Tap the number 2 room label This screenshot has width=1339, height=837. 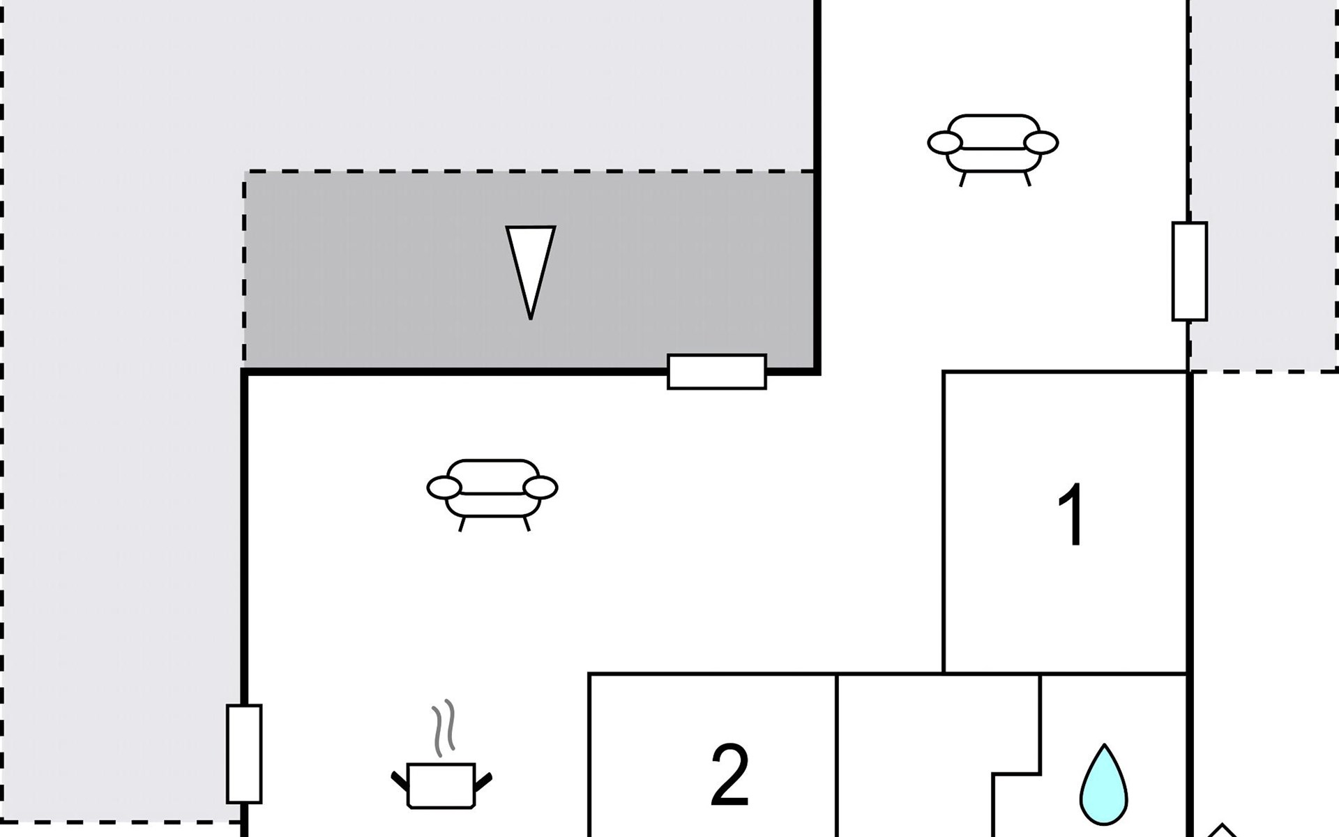click(729, 775)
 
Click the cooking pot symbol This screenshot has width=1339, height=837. click(441, 785)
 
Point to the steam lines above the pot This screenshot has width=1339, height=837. click(444, 728)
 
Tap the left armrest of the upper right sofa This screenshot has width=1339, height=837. click(944, 143)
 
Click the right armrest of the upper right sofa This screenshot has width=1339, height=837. click(1041, 143)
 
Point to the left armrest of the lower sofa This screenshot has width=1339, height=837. click(444, 488)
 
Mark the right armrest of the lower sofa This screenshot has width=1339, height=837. click(540, 488)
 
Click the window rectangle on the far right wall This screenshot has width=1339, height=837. click(1189, 271)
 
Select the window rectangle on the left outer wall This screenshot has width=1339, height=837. click(244, 753)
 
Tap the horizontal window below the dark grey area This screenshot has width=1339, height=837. click(717, 372)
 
